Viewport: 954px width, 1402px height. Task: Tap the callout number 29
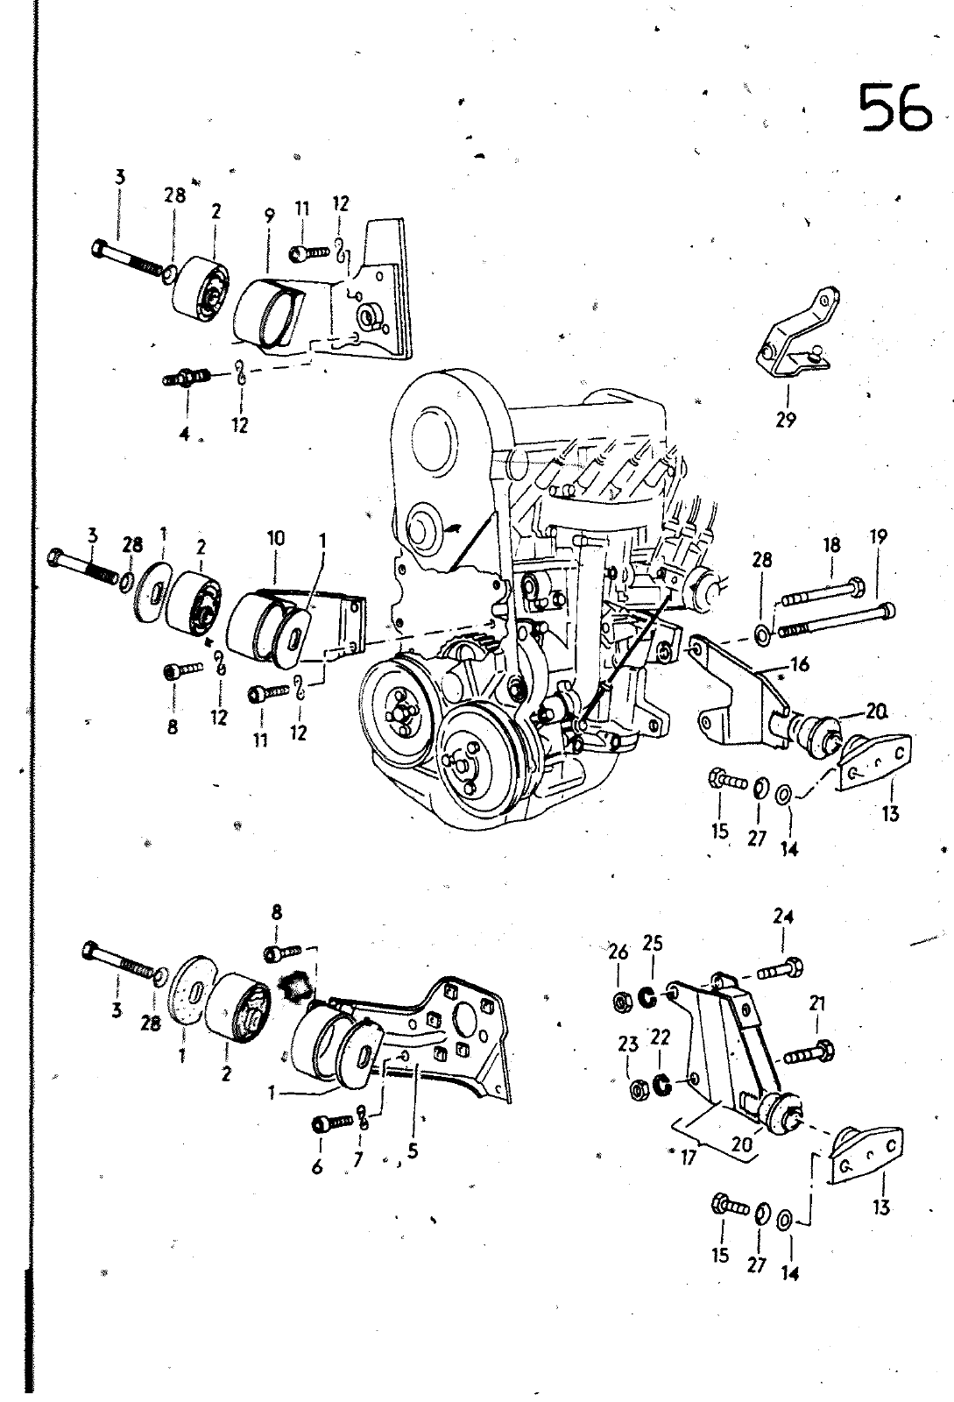click(786, 420)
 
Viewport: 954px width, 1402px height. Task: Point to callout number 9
click(269, 214)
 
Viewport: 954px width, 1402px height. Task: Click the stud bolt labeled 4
click(185, 379)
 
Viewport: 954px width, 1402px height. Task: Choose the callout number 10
click(277, 539)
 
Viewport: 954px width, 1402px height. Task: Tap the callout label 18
click(831, 545)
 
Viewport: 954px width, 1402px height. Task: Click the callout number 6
click(317, 1165)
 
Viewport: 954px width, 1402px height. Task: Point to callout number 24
click(783, 917)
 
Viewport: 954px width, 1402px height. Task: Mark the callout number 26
click(618, 951)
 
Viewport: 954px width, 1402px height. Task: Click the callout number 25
click(652, 944)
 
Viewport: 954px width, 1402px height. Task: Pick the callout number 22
click(661, 1037)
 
